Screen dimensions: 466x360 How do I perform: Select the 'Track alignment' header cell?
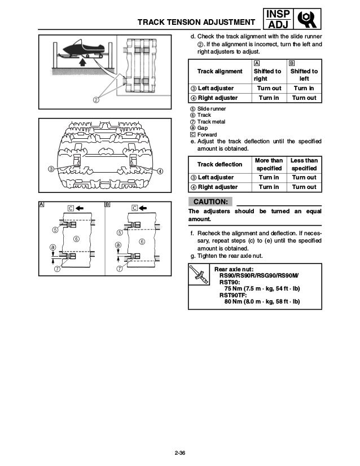[219, 72]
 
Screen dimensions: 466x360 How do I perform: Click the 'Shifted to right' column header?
[267, 76]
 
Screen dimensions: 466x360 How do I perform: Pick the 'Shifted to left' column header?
[304, 76]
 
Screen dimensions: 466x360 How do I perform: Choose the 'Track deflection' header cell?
[219, 164]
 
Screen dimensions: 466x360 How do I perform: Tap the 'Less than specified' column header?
[304, 164]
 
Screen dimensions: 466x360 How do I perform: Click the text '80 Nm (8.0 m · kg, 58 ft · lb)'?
[262, 301]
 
